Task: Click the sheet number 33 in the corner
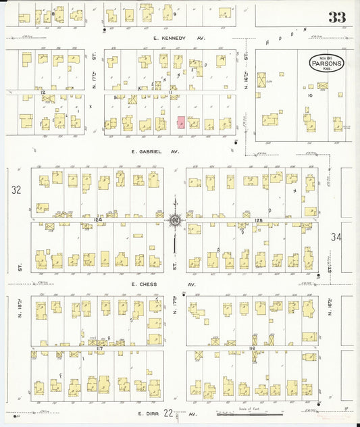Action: point(336,18)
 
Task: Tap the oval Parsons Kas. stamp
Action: point(327,63)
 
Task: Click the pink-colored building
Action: point(181,122)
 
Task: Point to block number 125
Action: point(259,219)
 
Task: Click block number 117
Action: point(99,348)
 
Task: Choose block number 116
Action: point(252,348)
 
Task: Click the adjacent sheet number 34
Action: point(337,237)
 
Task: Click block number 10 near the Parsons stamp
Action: point(310,95)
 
